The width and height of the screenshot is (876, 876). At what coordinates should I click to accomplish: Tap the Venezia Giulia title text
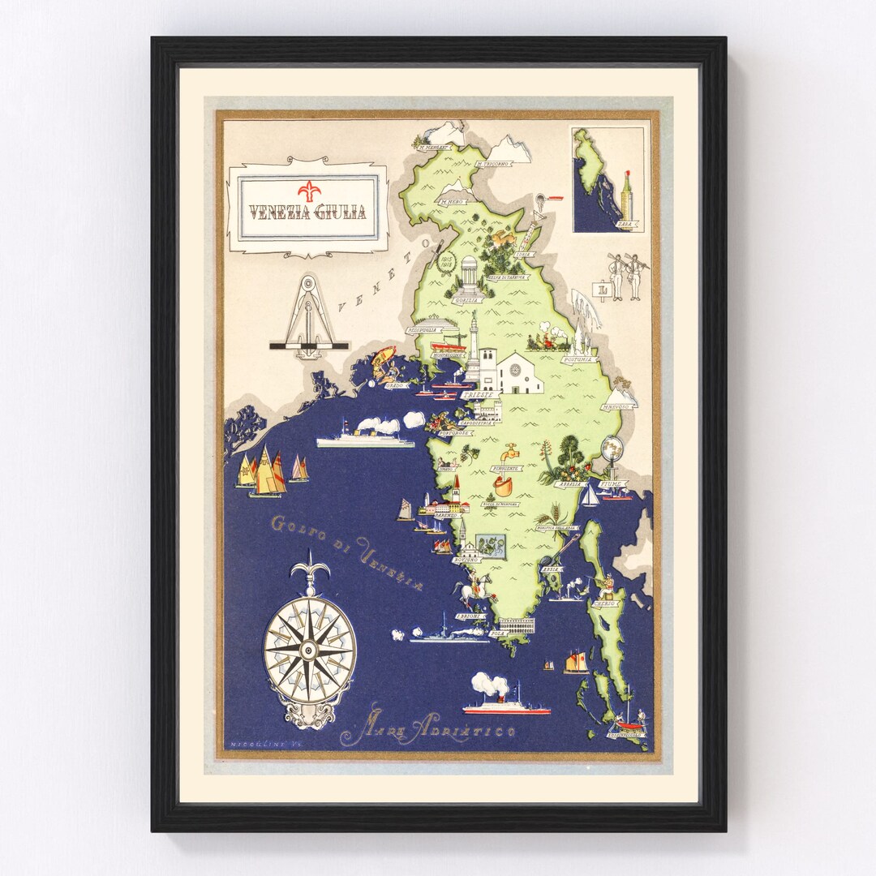coord(307,213)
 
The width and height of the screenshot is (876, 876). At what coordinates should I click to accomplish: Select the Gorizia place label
coord(469,300)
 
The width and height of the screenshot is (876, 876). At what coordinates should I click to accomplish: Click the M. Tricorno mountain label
coord(494,164)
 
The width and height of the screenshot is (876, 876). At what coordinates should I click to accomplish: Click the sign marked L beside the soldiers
coord(601,289)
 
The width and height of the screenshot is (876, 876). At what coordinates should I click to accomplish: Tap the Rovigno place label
coord(469,560)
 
